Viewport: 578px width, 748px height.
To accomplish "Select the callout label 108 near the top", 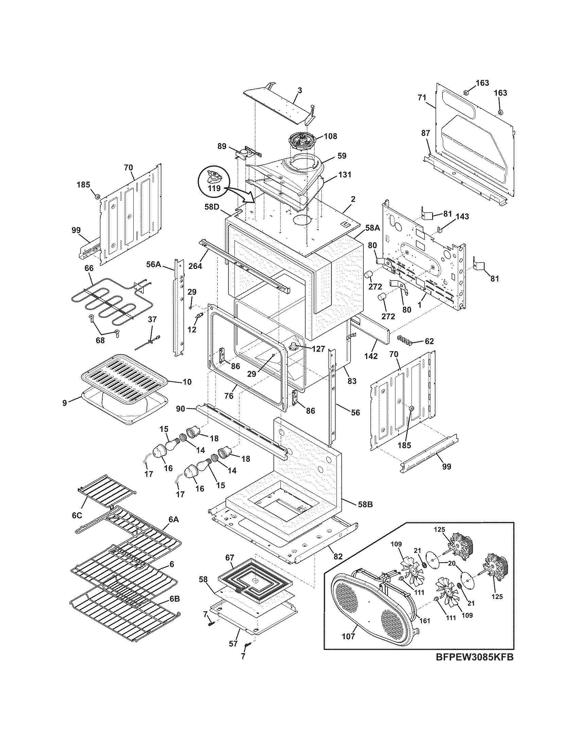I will [330, 136].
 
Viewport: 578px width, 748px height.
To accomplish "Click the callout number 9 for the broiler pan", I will [65, 403].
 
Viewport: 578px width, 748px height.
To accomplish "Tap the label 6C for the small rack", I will [77, 525].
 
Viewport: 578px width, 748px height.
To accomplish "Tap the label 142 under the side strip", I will [371, 356].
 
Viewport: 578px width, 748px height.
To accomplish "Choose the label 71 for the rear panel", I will [422, 98].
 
